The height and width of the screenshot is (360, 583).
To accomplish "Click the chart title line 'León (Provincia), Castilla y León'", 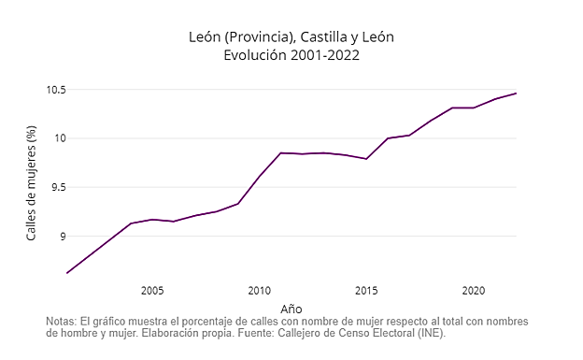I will (291, 36).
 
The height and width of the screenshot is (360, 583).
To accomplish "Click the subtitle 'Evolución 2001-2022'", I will (291, 55).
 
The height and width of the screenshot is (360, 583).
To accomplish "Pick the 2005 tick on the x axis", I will (152, 290).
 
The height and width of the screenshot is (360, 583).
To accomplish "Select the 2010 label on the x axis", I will (259, 290).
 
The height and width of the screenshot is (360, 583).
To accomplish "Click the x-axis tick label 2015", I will (366, 290).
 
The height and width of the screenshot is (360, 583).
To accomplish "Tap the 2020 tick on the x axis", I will (473, 290).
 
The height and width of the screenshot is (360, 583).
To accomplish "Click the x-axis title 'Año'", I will (291, 308).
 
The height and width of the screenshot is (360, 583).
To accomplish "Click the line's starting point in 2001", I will (67, 273).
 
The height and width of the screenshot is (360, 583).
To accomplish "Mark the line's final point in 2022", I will (516, 94).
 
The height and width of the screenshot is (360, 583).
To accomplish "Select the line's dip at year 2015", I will (366, 159).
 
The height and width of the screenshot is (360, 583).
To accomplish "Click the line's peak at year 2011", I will (280, 152).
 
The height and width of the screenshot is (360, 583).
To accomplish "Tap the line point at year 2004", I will (131, 223).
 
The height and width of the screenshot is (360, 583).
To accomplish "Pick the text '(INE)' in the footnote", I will (430, 333).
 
